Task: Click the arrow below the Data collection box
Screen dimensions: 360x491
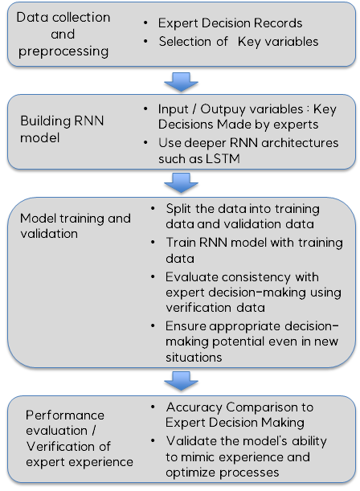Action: pyautogui.click(x=181, y=82)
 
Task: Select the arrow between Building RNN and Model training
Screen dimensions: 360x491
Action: pyautogui.click(x=181, y=183)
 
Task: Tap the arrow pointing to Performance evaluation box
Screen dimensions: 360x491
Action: pyautogui.click(x=181, y=381)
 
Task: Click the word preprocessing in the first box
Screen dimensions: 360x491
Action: pyautogui.click(x=63, y=51)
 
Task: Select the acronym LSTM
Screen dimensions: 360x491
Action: pyautogui.click(x=223, y=158)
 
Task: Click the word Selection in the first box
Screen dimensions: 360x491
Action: pyautogui.click(x=185, y=41)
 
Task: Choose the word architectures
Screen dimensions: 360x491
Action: pyautogui.click(x=300, y=143)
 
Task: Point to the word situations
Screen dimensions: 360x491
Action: pyautogui.click(x=194, y=357)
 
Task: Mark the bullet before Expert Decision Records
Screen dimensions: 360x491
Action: pyautogui.click(x=145, y=23)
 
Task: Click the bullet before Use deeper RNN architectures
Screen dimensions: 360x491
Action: pyautogui.click(x=145, y=143)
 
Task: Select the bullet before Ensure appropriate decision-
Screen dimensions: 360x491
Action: pyautogui.click(x=153, y=326)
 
